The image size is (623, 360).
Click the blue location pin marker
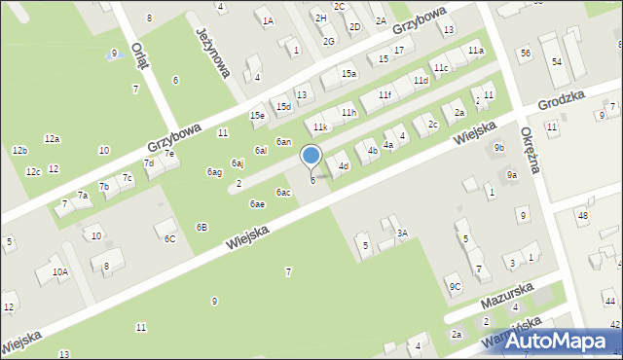(x=311, y=157)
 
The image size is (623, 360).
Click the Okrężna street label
(x=531, y=150)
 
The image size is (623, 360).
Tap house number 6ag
(x=214, y=172)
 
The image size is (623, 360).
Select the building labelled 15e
(x=257, y=116)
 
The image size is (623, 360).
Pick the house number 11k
(x=320, y=127)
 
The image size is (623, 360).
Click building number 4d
(x=344, y=166)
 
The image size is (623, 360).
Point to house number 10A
(x=60, y=272)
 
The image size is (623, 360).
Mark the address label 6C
(x=169, y=238)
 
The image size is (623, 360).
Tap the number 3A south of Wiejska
(x=401, y=234)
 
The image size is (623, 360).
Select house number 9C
(x=455, y=286)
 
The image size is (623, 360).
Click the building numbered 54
(x=557, y=61)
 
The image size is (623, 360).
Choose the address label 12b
(x=19, y=151)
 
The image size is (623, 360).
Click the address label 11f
(x=385, y=94)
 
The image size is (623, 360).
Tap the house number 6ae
(x=257, y=203)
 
